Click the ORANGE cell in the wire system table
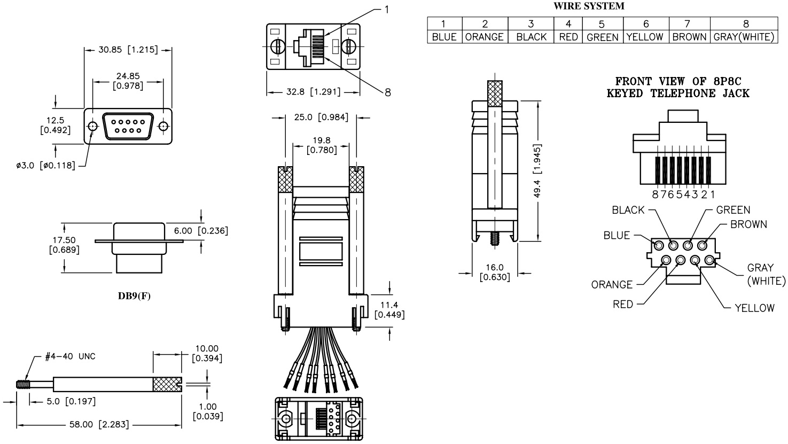coord(485,37)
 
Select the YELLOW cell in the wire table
coord(644,37)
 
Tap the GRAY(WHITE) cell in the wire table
coord(744,37)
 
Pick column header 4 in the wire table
coord(568,24)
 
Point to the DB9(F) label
coord(134,296)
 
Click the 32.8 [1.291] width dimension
coord(313,92)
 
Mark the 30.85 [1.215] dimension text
coord(128,50)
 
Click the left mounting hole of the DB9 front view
coord(93,127)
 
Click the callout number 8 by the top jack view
coord(387,92)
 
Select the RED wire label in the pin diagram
coord(623,305)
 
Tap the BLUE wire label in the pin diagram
coord(617,236)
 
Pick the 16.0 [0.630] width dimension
coord(494,272)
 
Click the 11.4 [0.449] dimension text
coord(389,309)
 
